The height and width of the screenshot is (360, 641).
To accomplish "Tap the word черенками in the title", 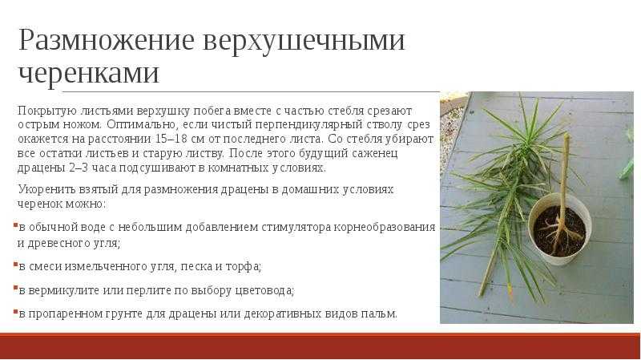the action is coord(88,74).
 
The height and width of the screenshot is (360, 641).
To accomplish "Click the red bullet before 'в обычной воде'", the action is coord(15,225).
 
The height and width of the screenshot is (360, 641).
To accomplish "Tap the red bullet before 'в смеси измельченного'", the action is coord(15,265).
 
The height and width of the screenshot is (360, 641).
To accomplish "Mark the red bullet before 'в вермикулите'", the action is coord(15,289).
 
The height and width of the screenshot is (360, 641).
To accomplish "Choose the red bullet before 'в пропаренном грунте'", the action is coord(15,312).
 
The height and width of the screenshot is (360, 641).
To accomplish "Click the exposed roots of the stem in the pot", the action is coord(561,234).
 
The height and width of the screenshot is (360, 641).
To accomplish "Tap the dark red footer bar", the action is coord(320,346).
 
